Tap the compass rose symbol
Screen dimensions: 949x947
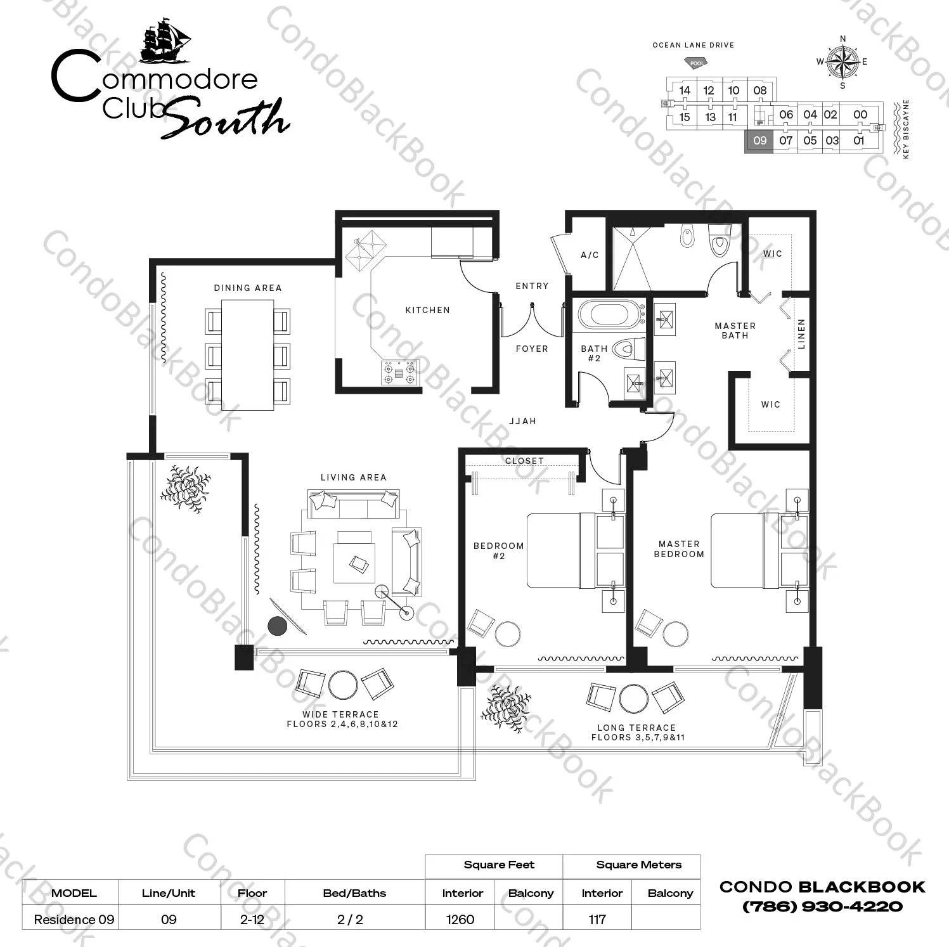pyautogui.click(x=842, y=61)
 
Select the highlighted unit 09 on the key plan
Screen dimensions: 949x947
pyautogui.click(x=759, y=141)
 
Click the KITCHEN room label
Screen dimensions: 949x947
pyautogui.click(x=427, y=310)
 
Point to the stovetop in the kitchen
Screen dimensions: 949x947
pyautogui.click(x=399, y=373)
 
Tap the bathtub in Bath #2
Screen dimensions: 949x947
pyautogui.click(x=608, y=315)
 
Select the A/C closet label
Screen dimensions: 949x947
pyautogui.click(x=590, y=255)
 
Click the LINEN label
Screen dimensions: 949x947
pyautogui.click(x=801, y=333)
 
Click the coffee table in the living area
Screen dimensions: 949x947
pyautogui.click(x=354, y=557)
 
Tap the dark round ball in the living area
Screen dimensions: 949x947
pyautogui.click(x=278, y=626)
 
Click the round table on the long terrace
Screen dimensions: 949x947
pyautogui.click(x=633, y=699)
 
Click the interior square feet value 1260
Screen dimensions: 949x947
pyautogui.click(x=460, y=919)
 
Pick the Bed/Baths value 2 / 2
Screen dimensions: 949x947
pyautogui.click(x=350, y=919)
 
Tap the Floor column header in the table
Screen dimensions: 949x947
pyautogui.click(x=252, y=893)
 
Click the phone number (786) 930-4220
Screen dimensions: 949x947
pyautogui.click(x=822, y=906)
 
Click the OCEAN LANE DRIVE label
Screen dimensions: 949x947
pyautogui.click(x=694, y=45)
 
